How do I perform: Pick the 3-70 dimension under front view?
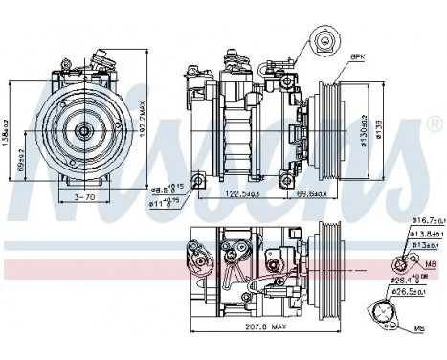tap(83, 197)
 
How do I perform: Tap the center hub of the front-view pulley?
tap(83, 129)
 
